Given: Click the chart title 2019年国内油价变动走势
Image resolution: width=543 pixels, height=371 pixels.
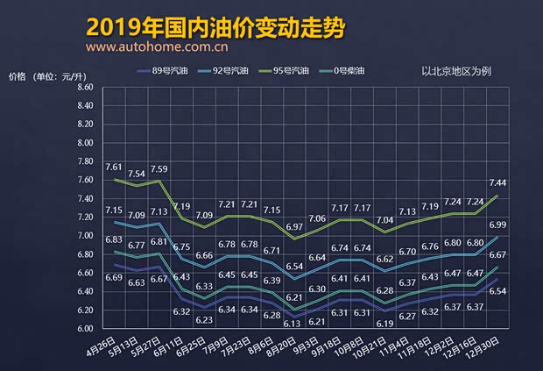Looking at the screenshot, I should [215, 27].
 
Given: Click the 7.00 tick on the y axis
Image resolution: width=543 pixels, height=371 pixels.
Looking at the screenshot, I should [85, 236].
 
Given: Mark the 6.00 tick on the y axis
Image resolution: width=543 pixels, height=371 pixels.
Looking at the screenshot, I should [85, 329].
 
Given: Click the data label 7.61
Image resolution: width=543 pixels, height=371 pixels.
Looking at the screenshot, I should [114, 167].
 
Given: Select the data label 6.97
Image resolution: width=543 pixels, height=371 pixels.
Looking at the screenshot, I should [295, 227].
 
